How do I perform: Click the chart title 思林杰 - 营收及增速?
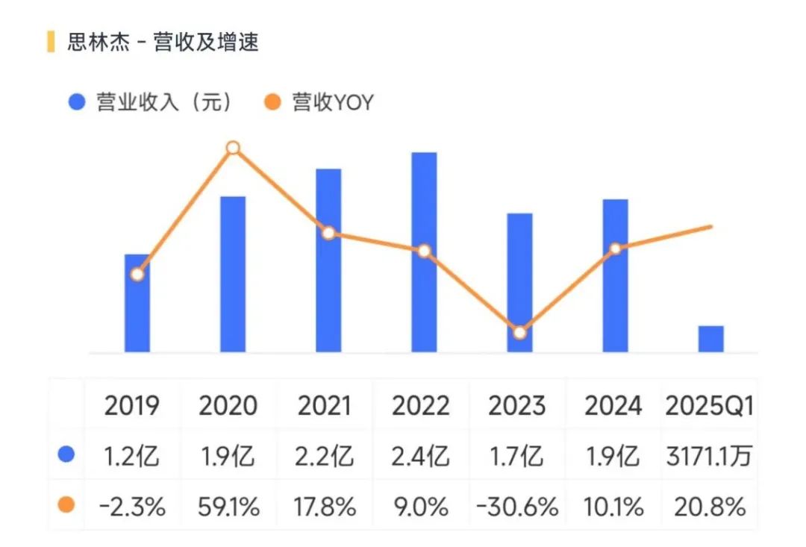point(163,43)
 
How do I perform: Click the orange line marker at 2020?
point(233,148)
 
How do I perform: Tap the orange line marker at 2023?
point(520,333)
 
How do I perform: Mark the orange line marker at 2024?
point(615,249)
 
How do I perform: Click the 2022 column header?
point(421,407)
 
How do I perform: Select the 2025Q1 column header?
point(708,407)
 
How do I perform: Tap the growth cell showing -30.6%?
point(517,507)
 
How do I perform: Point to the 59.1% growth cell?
point(229,507)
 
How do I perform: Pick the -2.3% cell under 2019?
point(132,507)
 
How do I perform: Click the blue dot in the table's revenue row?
point(66,454)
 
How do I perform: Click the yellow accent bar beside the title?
point(51,43)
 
